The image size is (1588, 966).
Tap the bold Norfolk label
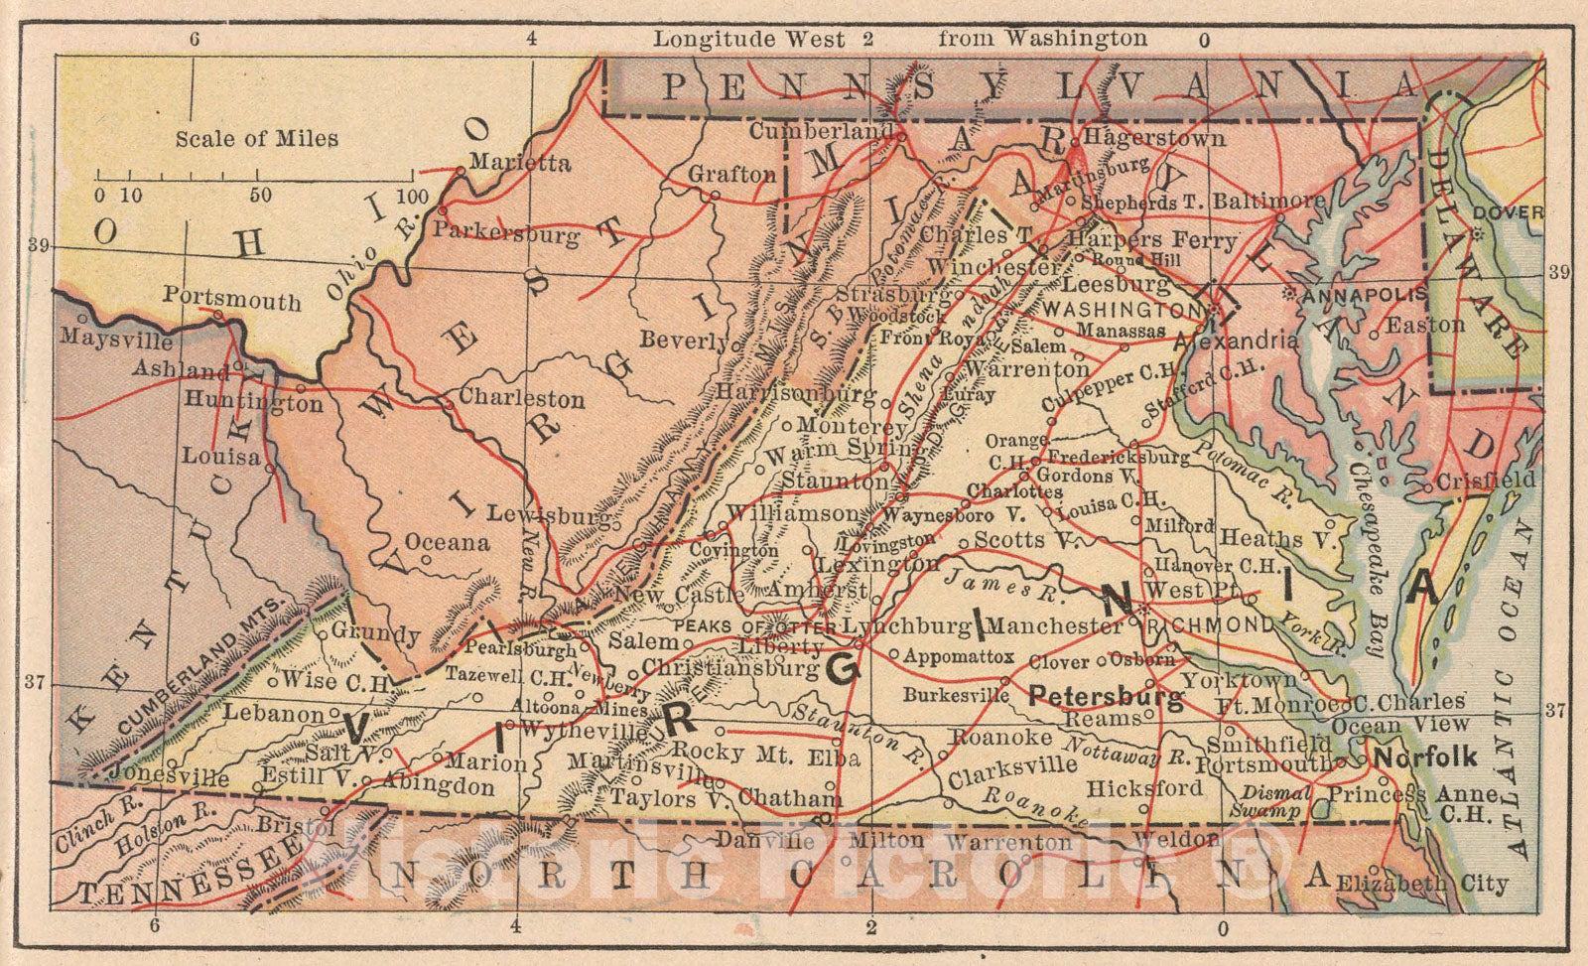tap(1424, 758)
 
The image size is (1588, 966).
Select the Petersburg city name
tap(1106, 695)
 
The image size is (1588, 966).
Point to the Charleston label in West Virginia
tap(521, 399)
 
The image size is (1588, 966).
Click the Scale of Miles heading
tap(256, 139)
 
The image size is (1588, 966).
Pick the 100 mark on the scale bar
tap(411, 196)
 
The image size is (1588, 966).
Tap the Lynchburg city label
tap(906, 626)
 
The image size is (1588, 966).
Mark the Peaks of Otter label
tap(754, 626)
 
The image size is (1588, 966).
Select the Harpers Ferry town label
tap(1152, 240)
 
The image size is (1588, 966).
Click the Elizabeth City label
tap(1421, 884)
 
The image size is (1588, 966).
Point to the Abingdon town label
tap(438, 786)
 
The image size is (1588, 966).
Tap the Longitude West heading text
tap(748, 40)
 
